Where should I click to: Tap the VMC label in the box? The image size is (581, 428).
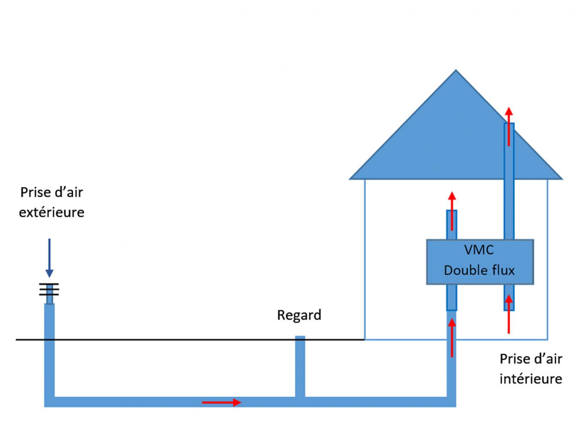coord(479,250)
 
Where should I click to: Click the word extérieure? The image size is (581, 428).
coord(51,212)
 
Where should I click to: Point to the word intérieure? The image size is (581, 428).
coord(531,379)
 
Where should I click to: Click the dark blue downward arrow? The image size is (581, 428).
coord(49,258)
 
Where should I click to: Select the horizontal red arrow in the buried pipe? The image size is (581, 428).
coord(222,402)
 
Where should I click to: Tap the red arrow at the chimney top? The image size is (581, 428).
coord(509,126)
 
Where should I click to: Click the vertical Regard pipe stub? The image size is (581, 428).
coord(300,366)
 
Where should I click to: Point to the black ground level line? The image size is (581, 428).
coord(190,340)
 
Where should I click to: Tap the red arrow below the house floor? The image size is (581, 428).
coord(452,338)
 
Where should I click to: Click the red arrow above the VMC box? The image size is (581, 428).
coord(452,211)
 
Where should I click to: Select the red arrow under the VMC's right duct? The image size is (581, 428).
coord(509,314)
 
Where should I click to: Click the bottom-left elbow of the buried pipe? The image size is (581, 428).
coord(49,402)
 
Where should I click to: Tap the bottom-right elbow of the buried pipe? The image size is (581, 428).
coord(451,402)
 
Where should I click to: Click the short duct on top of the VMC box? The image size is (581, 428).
coord(452,225)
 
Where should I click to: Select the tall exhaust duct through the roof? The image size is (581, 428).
coord(509,181)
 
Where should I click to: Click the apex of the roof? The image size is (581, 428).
coord(456,70)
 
